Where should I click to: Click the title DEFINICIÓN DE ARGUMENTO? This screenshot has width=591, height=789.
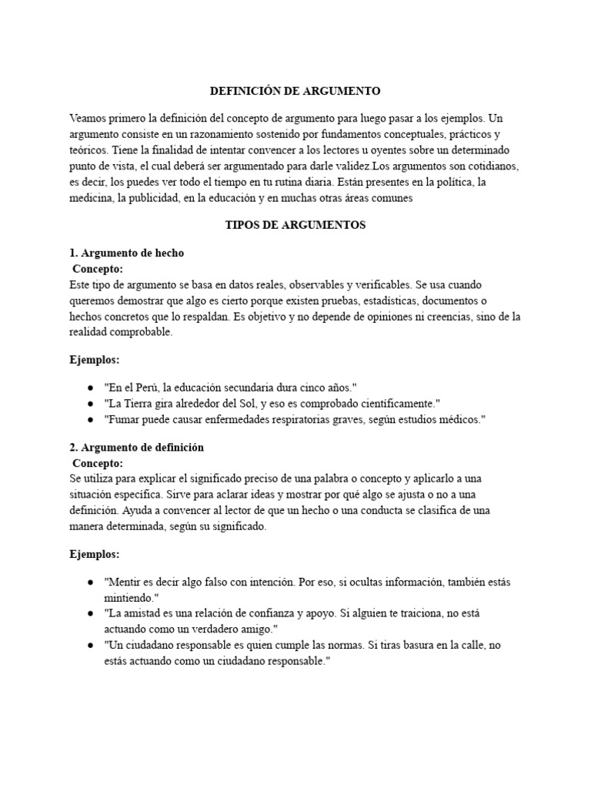pos(295,91)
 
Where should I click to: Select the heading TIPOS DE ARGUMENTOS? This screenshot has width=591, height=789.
pos(295,225)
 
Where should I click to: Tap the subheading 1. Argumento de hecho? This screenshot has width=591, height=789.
pos(127,253)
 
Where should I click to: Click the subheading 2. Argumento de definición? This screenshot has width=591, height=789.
pos(137,447)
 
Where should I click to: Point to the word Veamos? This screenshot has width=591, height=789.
pos(87,119)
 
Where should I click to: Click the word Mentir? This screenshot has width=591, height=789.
pos(125,583)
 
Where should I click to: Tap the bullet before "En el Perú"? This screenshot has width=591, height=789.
pos(90,388)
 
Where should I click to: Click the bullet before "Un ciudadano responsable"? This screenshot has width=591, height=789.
pos(90,645)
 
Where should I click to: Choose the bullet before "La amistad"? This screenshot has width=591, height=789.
pos(90,613)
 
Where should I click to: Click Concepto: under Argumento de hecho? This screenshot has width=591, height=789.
pos(98,269)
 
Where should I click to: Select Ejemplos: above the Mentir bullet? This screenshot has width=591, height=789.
pos(95,554)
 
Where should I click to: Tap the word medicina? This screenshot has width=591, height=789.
pos(93,197)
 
